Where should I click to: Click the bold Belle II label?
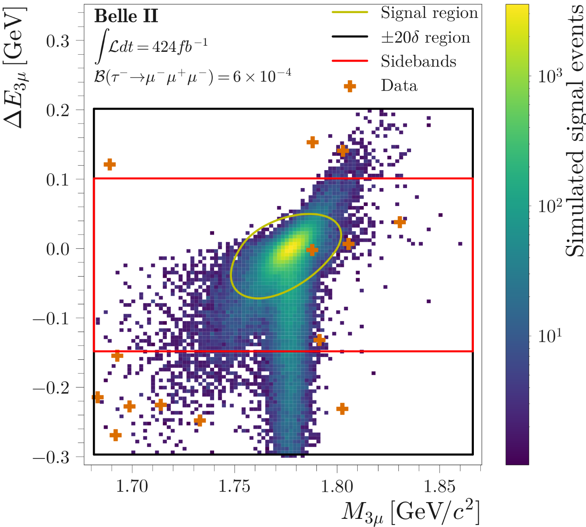click(x=126, y=17)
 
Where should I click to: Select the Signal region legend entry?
click(x=429, y=13)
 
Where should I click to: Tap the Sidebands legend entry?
click(x=418, y=61)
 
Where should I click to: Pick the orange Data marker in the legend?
click(x=350, y=86)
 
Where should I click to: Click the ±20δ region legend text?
click(x=425, y=37)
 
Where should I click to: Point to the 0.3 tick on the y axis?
click(x=57, y=41)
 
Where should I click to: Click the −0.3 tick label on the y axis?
click(x=51, y=458)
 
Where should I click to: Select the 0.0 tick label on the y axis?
click(x=57, y=249)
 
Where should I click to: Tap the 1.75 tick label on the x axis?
click(x=234, y=486)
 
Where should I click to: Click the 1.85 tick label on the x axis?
click(x=439, y=486)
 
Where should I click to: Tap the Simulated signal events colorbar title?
click(x=575, y=131)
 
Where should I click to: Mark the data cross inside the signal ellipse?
click(x=312, y=250)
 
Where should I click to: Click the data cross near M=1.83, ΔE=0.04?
click(x=400, y=222)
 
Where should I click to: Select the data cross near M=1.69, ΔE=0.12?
click(x=110, y=164)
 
